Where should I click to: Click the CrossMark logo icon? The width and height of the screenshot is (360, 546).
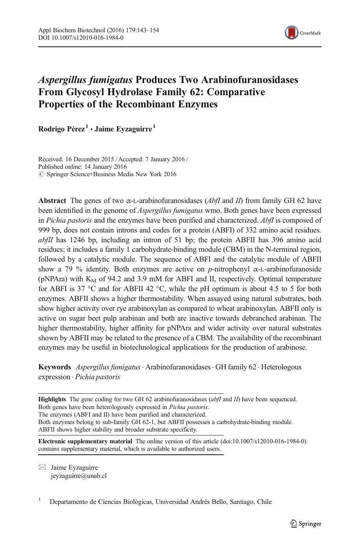[x=292, y=33]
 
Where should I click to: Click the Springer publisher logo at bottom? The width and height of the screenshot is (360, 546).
[x=306, y=523]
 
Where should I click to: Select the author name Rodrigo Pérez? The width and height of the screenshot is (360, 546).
[x=61, y=129]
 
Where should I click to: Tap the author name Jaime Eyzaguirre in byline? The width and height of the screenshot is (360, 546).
[x=123, y=129]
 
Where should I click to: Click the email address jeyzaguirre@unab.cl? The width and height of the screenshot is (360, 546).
[x=79, y=476]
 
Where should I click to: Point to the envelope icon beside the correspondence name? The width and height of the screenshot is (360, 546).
[x=42, y=467]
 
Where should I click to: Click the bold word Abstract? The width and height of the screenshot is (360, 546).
[x=52, y=201]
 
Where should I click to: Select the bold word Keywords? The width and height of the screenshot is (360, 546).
[x=54, y=367]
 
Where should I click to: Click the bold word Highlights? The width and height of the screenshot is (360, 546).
[x=52, y=399]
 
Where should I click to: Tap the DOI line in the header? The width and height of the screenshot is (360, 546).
[x=81, y=38]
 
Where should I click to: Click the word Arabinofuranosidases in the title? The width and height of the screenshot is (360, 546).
[x=250, y=80]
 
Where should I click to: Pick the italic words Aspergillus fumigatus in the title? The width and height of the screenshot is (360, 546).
[x=85, y=80]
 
